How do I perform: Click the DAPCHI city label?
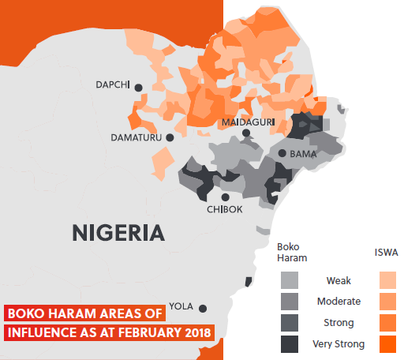pyautogui.click(x=111, y=85)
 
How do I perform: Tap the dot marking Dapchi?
pyautogui.click(x=138, y=87)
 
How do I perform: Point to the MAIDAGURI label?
pyautogui.click(x=247, y=122)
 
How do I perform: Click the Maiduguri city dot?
pyautogui.click(x=246, y=133)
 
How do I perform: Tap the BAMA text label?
pyautogui.click(x=303, y=154)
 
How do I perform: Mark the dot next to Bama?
pyautogui.click(x=282, y=153)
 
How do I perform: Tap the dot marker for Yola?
pyautogui.click(x=203, y=308)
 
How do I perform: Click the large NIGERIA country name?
pyautogui.click(x=118, y=233)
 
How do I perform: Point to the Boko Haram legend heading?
pyautogui.click(x=293, y=252)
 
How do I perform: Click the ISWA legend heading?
pyautogui.click(x=386, y=253)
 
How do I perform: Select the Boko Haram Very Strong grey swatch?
pyautogui.click(x=290, y=343)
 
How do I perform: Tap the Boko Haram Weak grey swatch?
pyautogui.click(x=290, y=279)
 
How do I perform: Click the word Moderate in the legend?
pyautogui.click(x=339, y=301)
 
